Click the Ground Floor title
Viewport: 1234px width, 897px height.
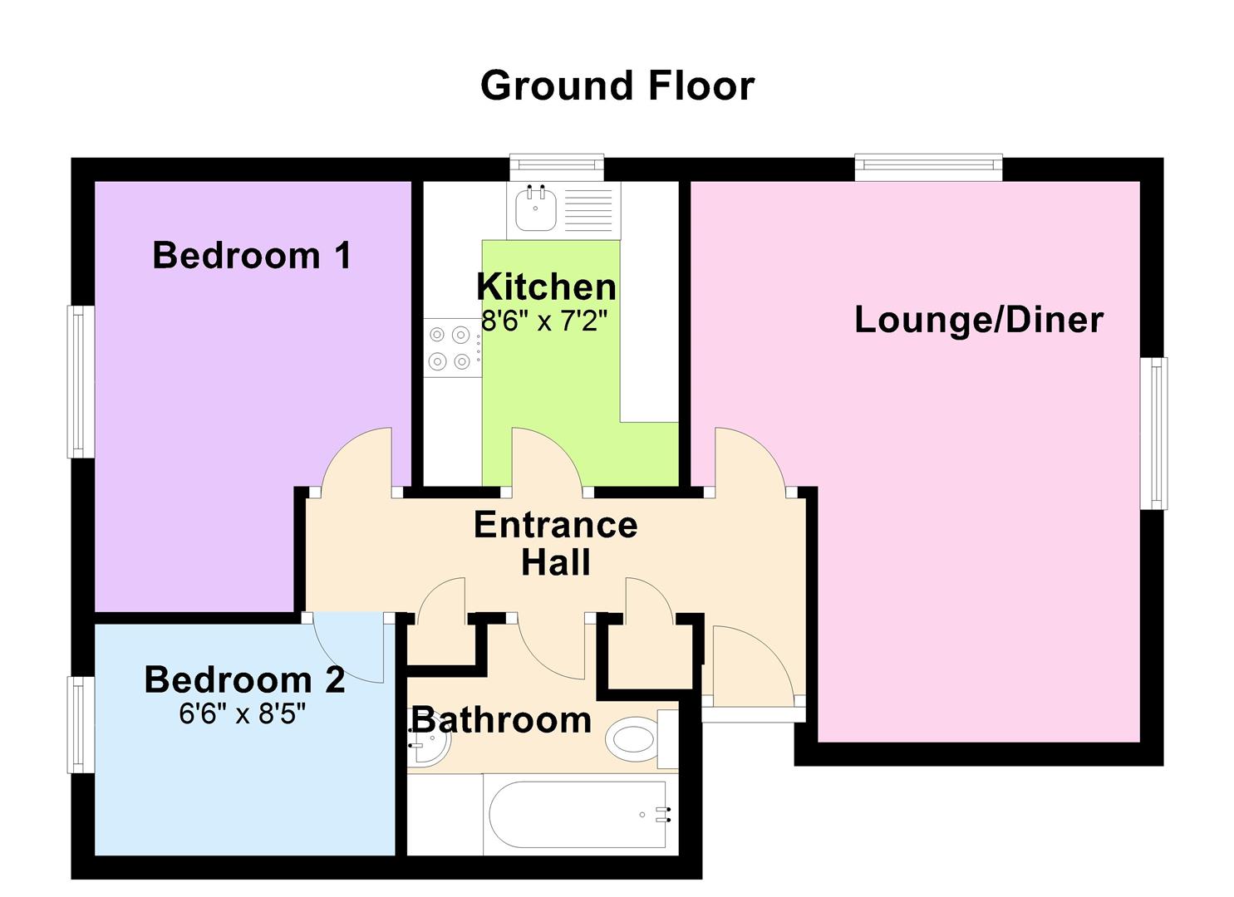click(x=617, y=86)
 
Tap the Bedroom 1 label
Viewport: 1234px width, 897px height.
click(x=252, y=256)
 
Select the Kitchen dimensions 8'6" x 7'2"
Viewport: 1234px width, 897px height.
click(x=544, y=321)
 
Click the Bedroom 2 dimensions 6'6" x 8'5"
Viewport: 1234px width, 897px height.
click(x=242, y=714)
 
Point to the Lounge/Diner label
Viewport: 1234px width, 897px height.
click(x=979, y=320)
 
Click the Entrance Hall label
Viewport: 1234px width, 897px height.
click(x=556, y=543)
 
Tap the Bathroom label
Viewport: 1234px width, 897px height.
click(x=502, y=720)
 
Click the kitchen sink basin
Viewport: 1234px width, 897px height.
click(x=536, y=208)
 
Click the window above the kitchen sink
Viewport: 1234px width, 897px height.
click(x=557, y=168)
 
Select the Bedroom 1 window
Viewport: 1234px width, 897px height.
click(x=81, y=381)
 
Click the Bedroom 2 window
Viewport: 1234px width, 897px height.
click(x=81, y=724)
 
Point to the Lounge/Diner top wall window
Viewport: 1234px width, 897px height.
click(x=928, y=168)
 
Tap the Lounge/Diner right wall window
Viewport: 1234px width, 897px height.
click(x=1153, y=434)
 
